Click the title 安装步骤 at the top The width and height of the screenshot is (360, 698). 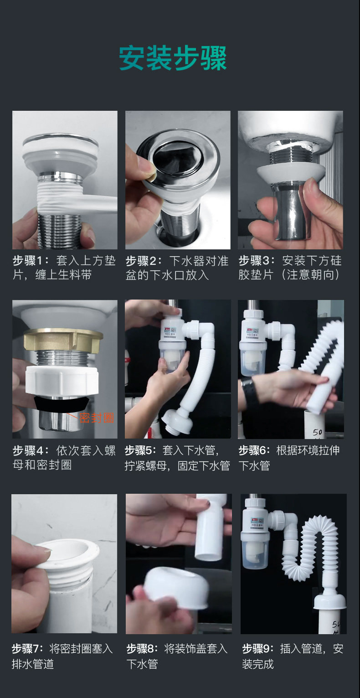pos(173,58)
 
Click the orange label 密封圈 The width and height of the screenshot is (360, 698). pos(97,418)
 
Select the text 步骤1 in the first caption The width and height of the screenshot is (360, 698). pos(29,260)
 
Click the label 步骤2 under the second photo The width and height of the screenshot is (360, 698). pos(142,261)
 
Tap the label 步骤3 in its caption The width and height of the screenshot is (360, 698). pos(255,260)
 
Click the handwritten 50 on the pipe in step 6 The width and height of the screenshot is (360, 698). pos(317,432)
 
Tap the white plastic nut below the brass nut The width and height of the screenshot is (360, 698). pos(62,381)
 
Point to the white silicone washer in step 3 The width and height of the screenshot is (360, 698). pos(291,174)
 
